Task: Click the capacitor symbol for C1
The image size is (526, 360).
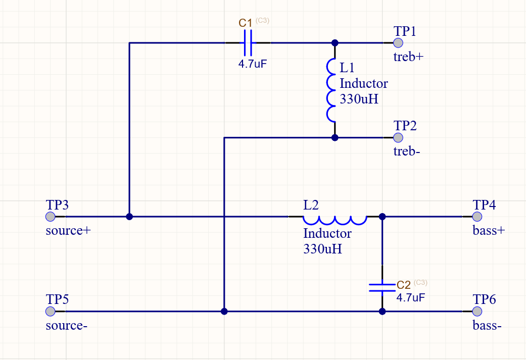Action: coord(248,43)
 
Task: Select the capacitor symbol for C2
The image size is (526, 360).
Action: coord(382,287)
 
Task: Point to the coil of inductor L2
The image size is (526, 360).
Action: coord(334,219)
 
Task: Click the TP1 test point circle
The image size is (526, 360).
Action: coord(398,43)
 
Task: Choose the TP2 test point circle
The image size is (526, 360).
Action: coord(398,137)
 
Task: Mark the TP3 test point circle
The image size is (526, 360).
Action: coord(50,217)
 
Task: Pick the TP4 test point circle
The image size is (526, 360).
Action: coord(477,217)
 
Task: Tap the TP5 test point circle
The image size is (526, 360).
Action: coord(50,311)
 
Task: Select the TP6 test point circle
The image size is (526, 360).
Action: coord(477,311)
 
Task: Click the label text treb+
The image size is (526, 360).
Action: coord(408,57)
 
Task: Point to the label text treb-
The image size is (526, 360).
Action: coord(407,151)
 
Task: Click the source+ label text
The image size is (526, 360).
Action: coord(68,231)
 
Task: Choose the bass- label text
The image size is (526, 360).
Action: coord(487,326)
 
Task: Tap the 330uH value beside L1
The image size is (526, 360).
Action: coord(359,99)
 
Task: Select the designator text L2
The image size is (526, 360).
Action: coord(311,205)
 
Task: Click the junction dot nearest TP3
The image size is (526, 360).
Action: coord(129,217)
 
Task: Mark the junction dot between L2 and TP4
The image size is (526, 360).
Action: coord(382,217)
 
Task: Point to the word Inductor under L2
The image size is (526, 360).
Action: coord(327,234)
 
